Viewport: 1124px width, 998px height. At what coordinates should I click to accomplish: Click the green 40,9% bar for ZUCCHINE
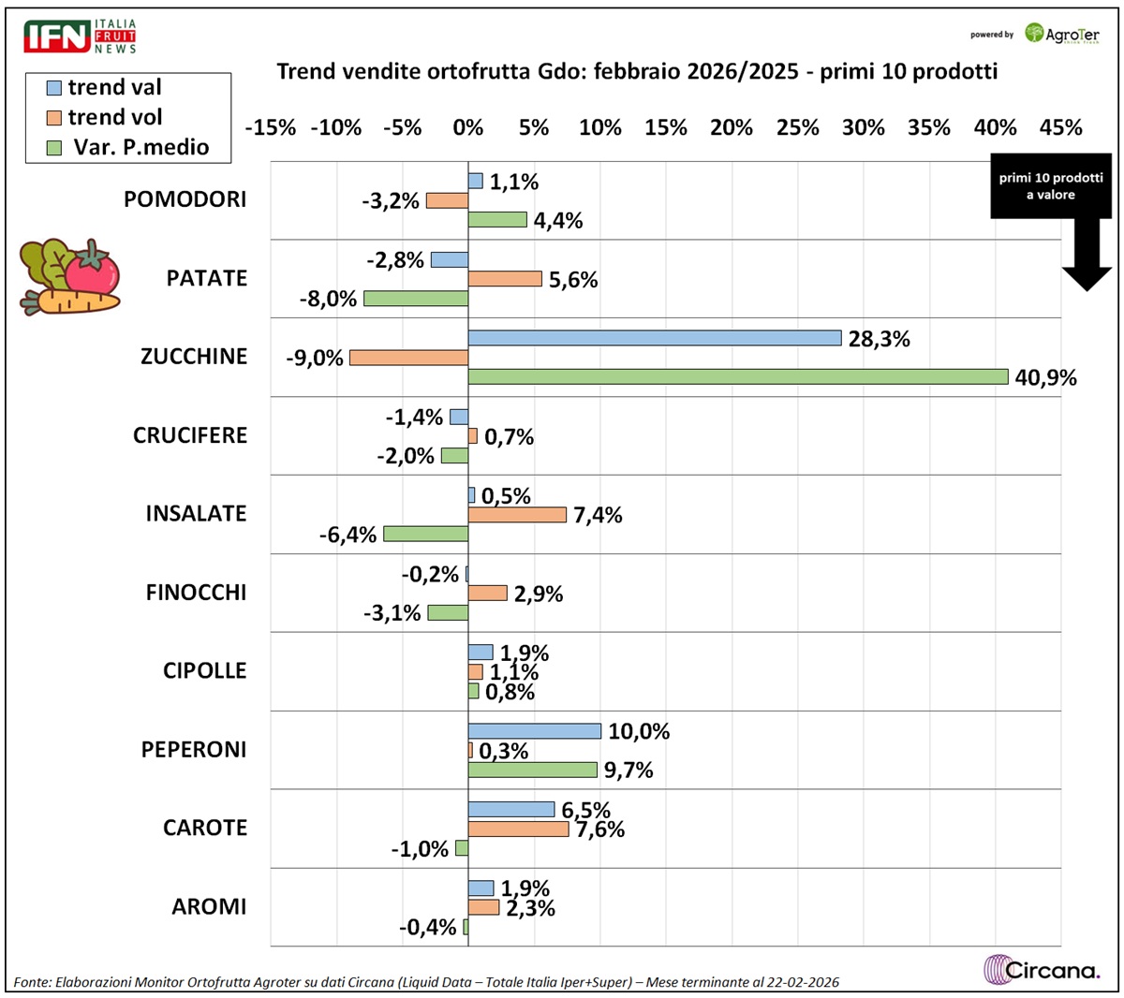coord(738,376)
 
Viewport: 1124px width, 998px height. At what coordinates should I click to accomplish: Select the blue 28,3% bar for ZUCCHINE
coord(655,338)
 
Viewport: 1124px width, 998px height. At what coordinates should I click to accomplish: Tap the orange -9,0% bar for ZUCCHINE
coord(408,358)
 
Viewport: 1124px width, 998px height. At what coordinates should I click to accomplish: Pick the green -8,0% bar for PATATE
coord(416,299)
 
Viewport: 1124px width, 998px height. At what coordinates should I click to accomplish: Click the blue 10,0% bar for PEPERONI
coord(534,731)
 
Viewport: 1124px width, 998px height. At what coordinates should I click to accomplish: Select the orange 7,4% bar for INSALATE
coord(517,514)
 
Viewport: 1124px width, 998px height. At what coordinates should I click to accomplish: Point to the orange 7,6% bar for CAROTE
coord(518,829)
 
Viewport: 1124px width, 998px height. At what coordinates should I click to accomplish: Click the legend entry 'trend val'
coord(105,88)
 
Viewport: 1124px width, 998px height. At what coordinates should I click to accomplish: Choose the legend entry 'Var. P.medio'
coord(129,147)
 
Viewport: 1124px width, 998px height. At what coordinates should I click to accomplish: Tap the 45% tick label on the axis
coord(1060,127)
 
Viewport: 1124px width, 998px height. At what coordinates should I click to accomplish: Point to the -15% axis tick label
coord(270,127)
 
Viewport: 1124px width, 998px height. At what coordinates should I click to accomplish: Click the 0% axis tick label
coord(467,127)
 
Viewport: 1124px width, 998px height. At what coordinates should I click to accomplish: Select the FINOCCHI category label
coord(196,593)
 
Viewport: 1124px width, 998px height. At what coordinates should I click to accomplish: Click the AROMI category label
coord(209,906)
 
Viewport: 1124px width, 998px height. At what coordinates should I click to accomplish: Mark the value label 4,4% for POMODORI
coord(558,221)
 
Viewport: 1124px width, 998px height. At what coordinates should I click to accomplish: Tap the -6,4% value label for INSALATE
coord(352,535)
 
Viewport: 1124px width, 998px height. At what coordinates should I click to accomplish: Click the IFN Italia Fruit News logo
coord(81,36)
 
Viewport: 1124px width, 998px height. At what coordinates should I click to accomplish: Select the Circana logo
coord(1042,969)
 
